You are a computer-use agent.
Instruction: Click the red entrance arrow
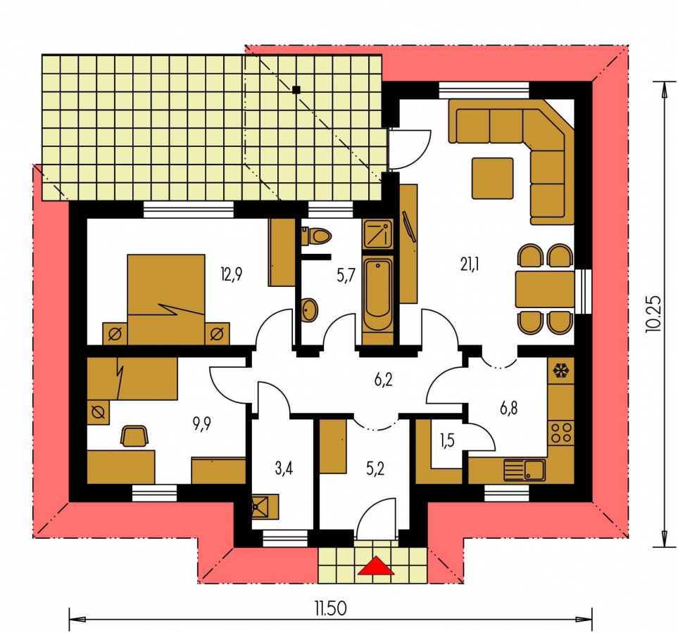(x=376, y=565)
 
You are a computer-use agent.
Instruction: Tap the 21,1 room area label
(x=470, y=264)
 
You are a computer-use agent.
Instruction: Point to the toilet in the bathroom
(x=317, y=236)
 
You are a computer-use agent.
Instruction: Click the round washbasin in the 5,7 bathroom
(x=309, y=310)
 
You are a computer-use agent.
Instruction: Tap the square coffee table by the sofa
(x=493, y=178)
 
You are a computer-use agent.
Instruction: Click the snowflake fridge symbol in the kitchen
(x=561, y=371)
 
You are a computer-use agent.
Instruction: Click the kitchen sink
(x=524, y=470)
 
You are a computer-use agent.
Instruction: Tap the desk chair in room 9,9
(x=134, y=435)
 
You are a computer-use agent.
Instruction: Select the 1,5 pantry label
(x=447, y=441)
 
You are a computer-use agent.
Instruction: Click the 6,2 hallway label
(x=384, y=380)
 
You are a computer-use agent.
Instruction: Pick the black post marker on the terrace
(x=296, y=90)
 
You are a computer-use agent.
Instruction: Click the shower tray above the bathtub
(x=377, y=234)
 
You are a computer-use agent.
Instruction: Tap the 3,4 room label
(x=284, y=468)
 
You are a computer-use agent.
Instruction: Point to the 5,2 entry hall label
(x=375, y=469)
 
